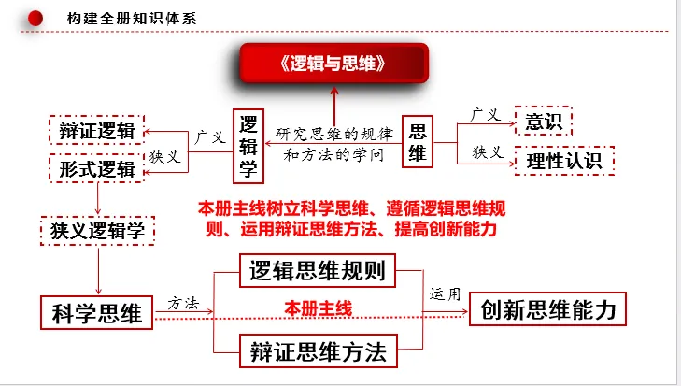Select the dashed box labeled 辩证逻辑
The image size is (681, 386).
(97, 132)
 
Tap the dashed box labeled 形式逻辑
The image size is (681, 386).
(97, 169)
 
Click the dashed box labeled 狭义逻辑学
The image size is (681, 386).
(97, 231)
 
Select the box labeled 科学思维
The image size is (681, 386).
(98, 312)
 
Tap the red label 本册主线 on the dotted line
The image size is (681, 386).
(319, 307)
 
